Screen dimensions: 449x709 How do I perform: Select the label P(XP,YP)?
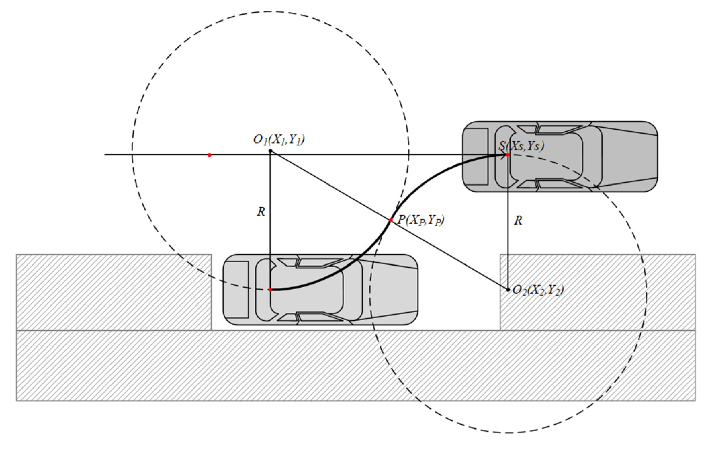click(x=421, y=220)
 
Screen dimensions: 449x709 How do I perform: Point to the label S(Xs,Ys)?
click(x=521, y=146)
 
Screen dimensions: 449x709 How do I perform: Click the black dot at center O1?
click(x=270, y=151)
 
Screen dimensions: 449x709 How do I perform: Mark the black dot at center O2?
click(x=508, y=289)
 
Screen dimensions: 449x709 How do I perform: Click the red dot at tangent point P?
click(x=391, y=220)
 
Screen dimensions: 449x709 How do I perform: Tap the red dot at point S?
click(x=508, y=155)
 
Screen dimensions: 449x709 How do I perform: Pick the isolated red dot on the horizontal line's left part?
click(x=209, y=155)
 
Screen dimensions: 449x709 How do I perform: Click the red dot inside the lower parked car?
click(x=270, y=289)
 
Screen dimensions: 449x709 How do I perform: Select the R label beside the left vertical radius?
click(x=261, y=212)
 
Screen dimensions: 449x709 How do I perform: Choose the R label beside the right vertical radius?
click(x=518, y=220)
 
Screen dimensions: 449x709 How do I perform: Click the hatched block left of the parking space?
click(x=114, y=292)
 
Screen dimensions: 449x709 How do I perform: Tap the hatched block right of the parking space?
click(x=597, y=292)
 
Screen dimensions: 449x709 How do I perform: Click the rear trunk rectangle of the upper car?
click(x=476, y=156)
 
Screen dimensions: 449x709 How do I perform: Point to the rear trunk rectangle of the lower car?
click(x=236, y=289)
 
